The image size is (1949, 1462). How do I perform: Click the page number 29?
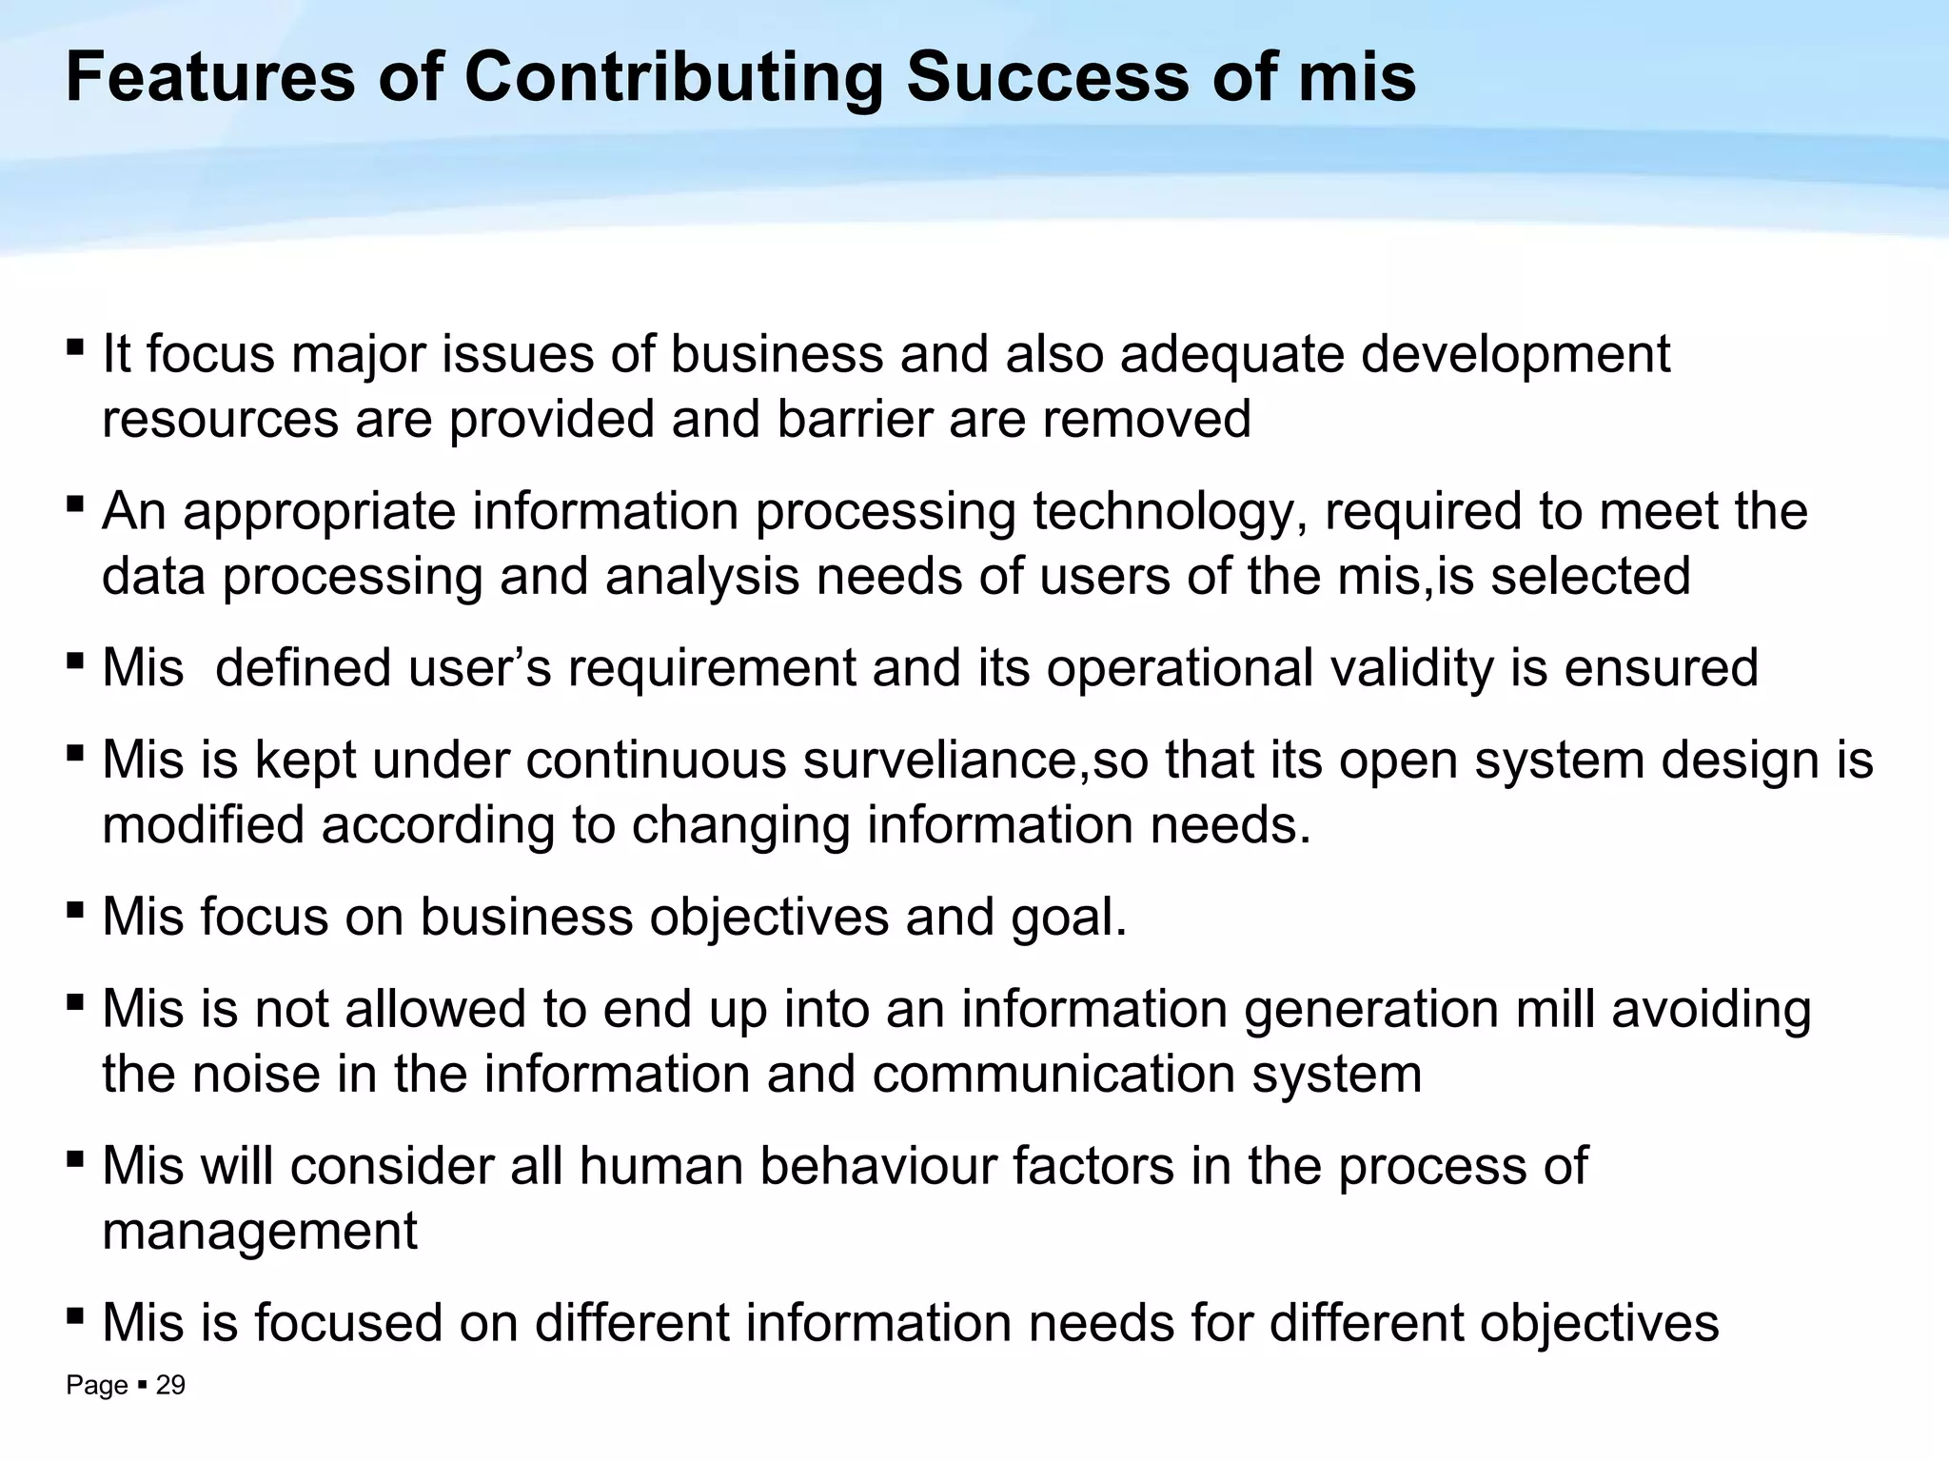click(x=170, y=1385)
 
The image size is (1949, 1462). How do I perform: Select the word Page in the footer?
click(x=96, y=1386)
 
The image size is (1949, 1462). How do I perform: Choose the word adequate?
click(x=1231, y=354)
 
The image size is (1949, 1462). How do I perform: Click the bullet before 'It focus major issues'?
click(x=75, y=346)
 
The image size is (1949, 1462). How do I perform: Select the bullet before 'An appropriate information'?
click(x=75, y=503)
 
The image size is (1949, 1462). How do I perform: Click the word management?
click(x=259, y=1231)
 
